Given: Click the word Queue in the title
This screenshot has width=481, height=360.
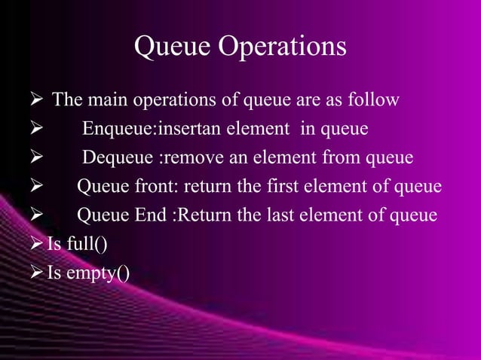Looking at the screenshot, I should [173, 47].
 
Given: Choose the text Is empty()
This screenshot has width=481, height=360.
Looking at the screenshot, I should [87, 273].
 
